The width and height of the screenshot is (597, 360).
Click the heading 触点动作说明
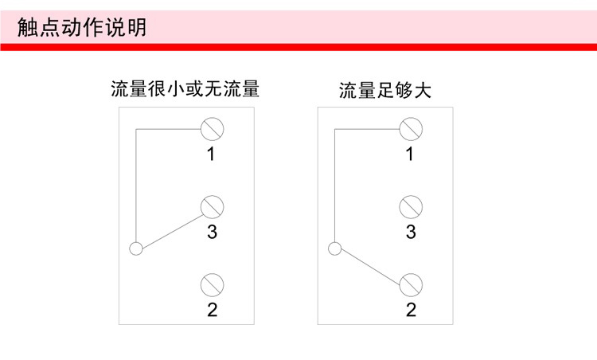[x=82, y=28]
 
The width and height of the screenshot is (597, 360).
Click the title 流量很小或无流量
[x=185, y=88]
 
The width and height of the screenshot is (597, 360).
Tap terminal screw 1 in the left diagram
[x=212, y=127]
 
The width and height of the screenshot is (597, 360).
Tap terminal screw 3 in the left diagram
[x=212, y=206]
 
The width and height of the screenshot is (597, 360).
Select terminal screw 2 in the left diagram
[x=212, y=284]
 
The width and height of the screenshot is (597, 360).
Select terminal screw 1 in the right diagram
[x=411, y=127]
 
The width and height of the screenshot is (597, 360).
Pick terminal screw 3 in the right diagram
[x=411, y=206]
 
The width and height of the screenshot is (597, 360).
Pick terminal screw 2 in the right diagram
[x=411, y=284]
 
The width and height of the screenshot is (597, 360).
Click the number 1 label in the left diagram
[x=212, y=155]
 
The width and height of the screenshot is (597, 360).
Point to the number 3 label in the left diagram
[x=212, y=233]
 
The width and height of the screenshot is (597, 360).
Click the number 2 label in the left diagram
[x=212, y=311]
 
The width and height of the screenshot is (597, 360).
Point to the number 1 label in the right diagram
[x=411, y=155]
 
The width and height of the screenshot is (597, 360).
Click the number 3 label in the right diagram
[x=411, y=233]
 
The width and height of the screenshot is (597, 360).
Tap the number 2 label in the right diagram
[x=411, y=311]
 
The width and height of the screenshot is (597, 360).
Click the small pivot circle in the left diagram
[x=136, y=248]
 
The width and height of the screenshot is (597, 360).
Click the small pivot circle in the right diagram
[x=334, y=248]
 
